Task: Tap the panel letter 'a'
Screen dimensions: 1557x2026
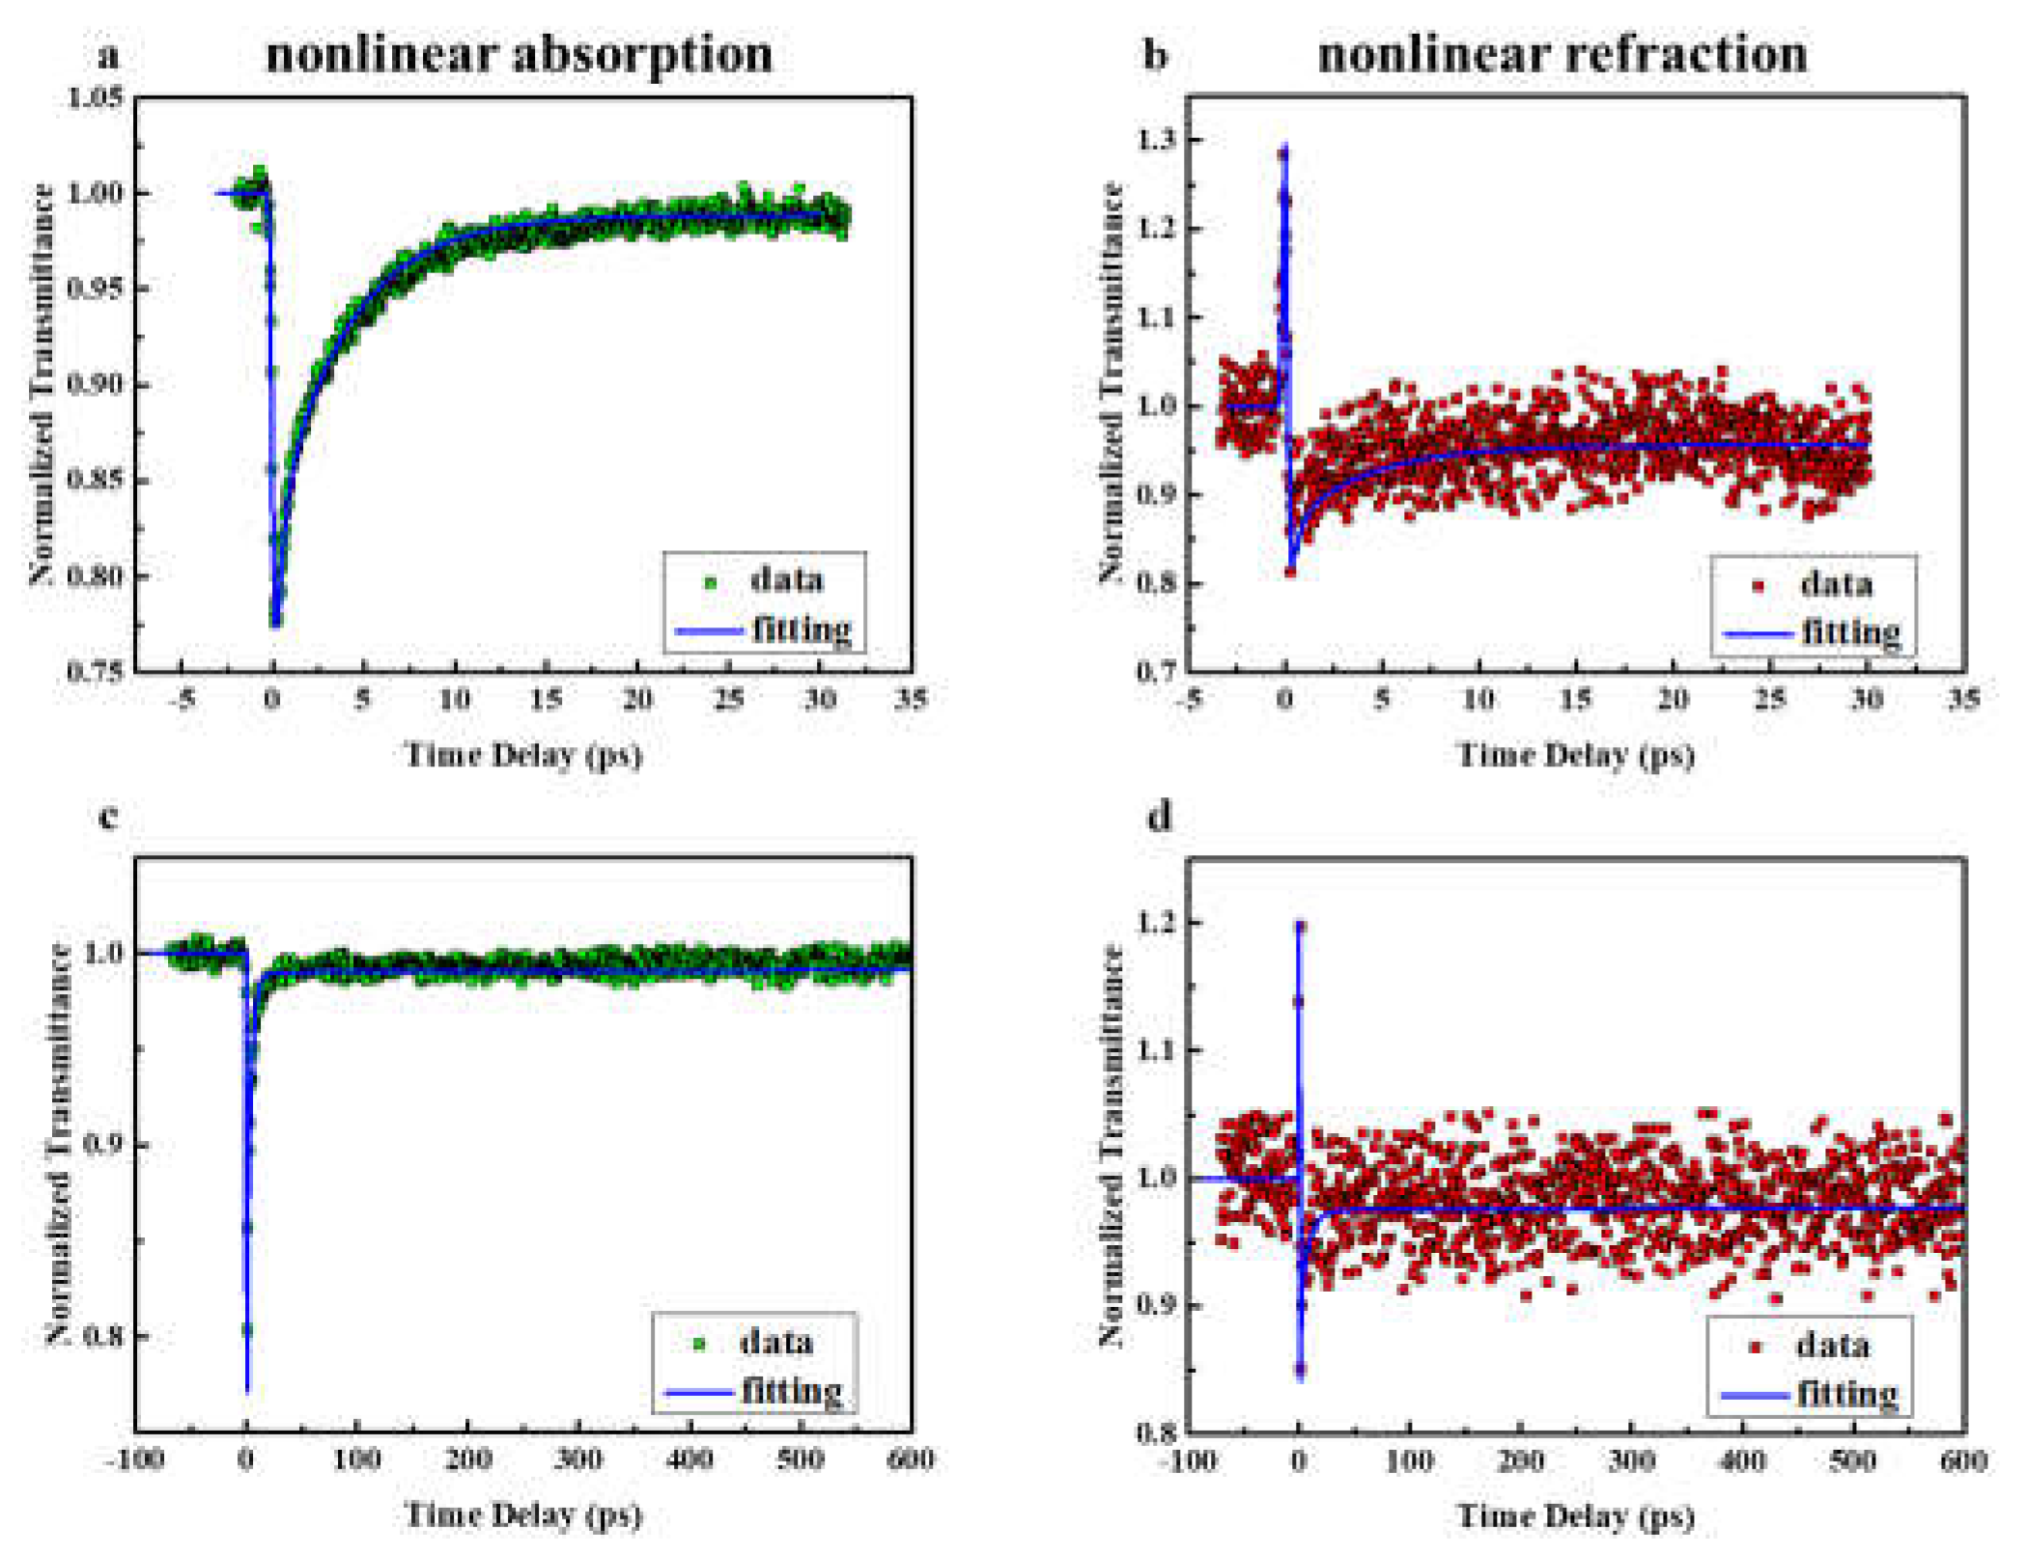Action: [109, 56]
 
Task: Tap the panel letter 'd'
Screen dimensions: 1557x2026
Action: [1158, 817]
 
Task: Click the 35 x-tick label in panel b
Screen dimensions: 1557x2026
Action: [1963, 699]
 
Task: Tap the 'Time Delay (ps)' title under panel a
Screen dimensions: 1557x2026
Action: [522, 754]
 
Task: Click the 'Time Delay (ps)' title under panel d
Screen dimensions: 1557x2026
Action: [1574, 1515]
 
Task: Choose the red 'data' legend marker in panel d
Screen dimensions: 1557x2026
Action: [1756, 1346]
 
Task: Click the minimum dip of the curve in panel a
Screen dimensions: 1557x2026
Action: [275, 624]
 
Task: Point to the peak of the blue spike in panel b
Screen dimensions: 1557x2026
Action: [1284, 147]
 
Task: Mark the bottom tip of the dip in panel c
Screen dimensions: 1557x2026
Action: [247, 1390]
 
